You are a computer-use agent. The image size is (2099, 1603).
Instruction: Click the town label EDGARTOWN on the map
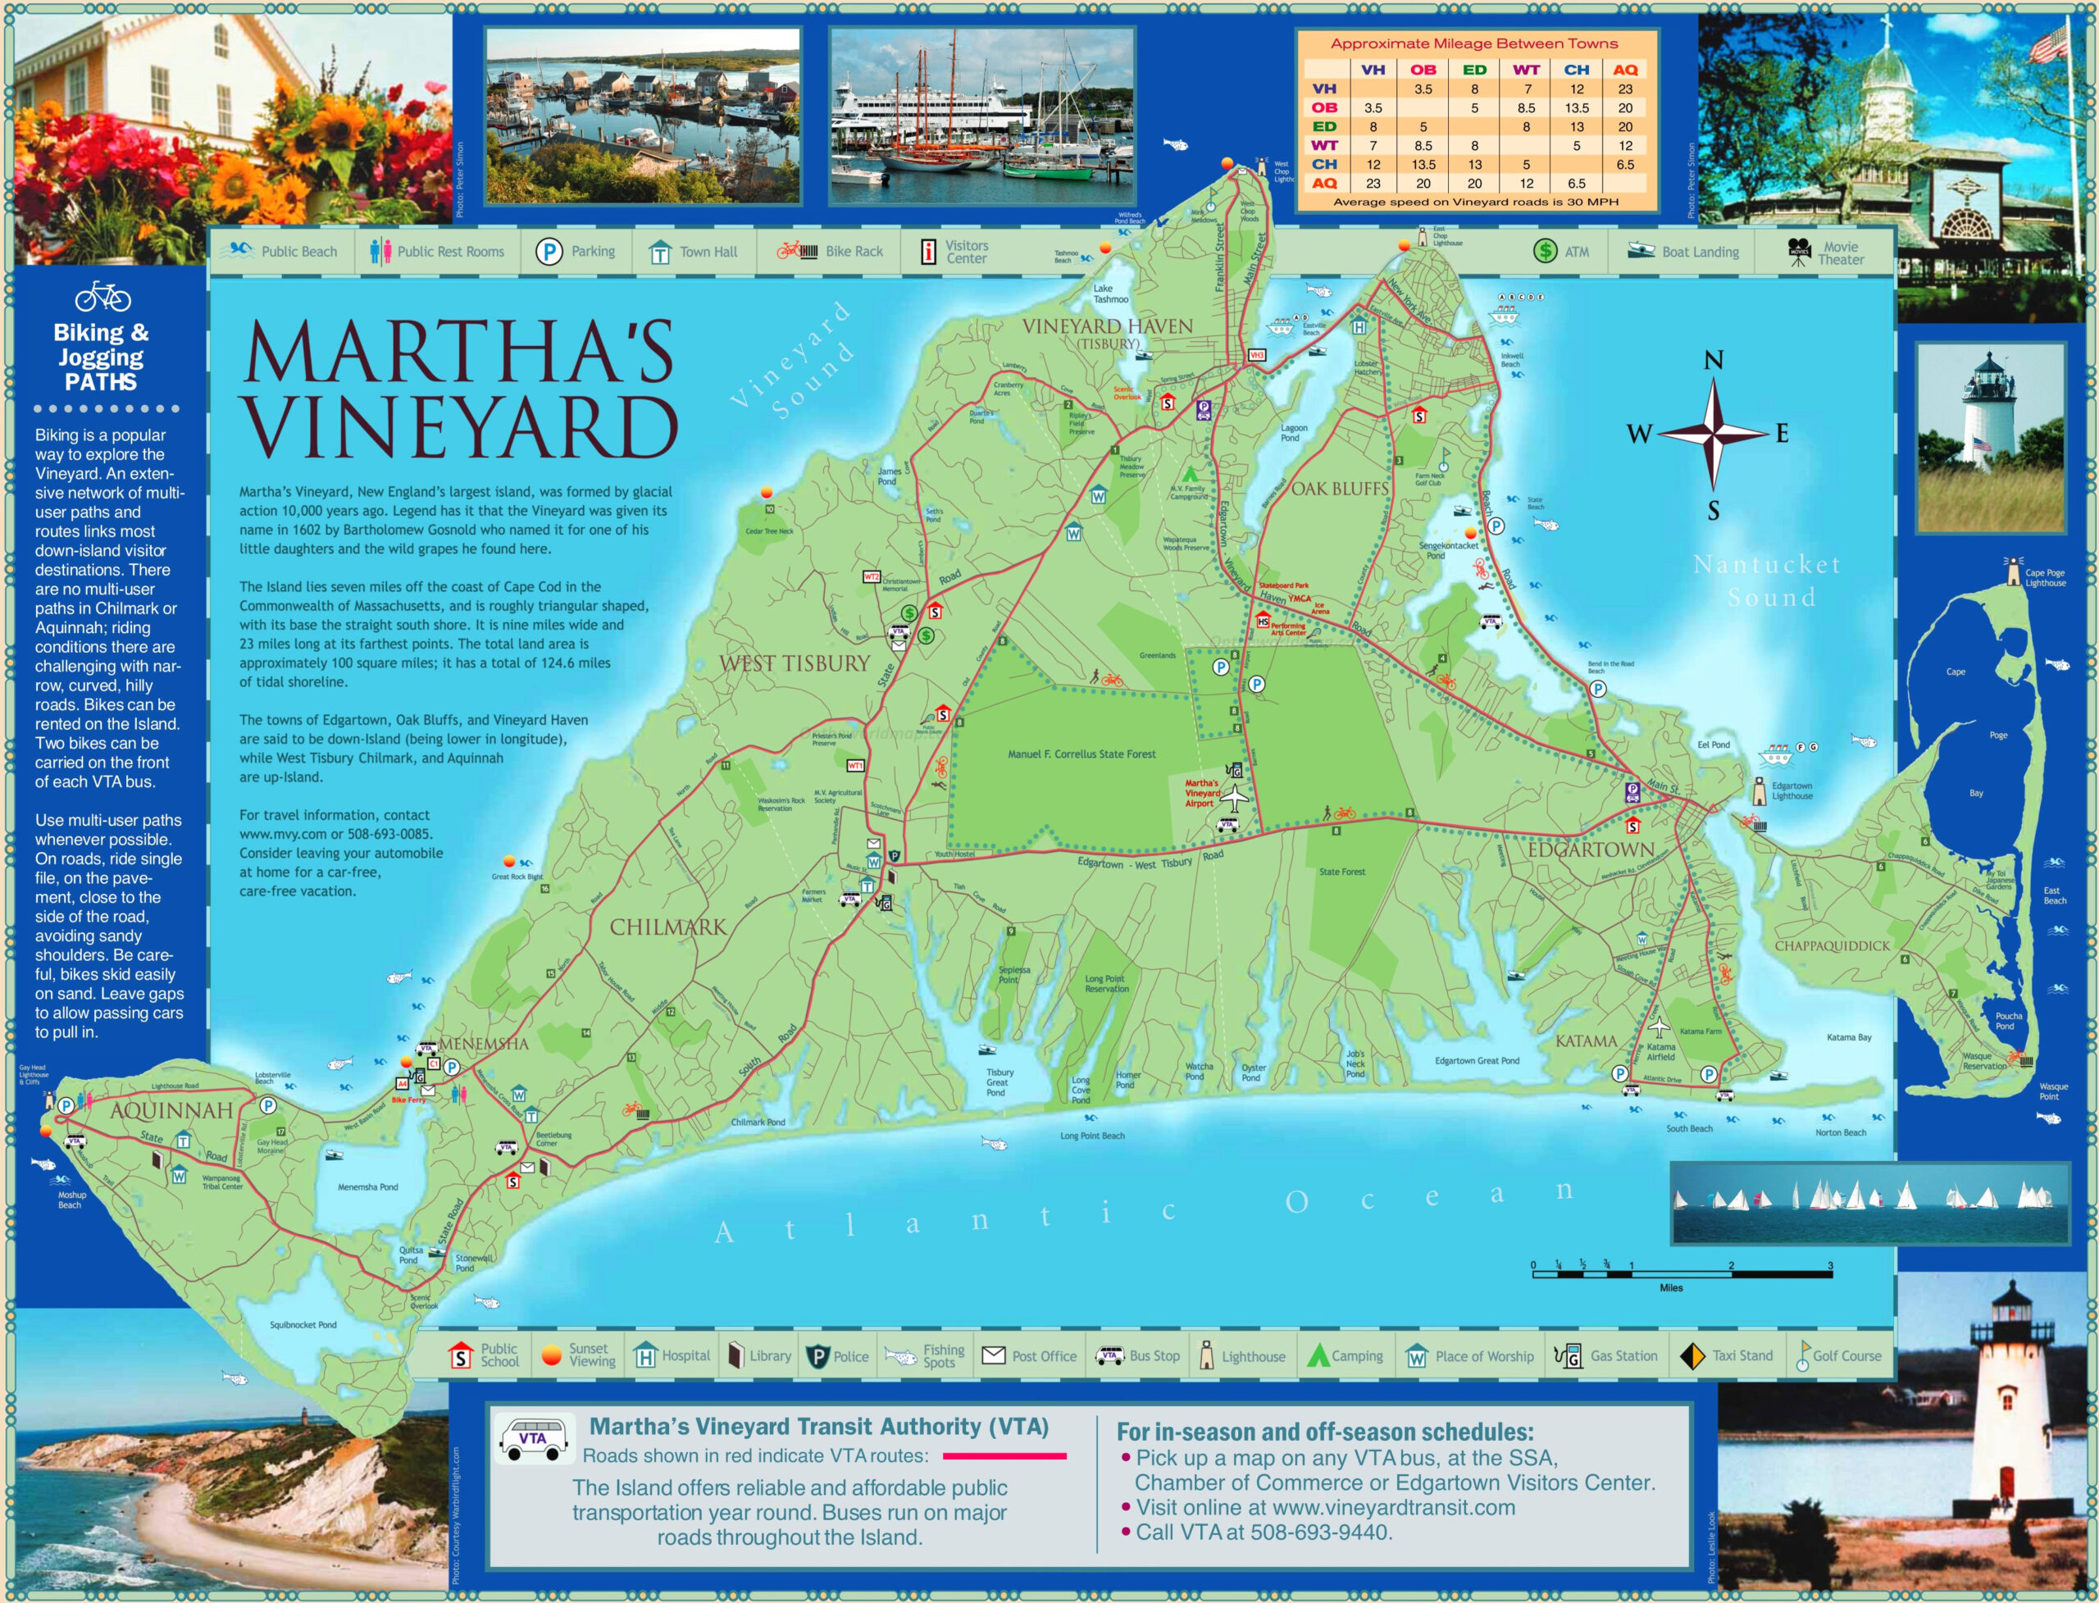(x=1591, y=849)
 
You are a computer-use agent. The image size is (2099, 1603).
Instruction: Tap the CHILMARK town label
(x=668, y=927)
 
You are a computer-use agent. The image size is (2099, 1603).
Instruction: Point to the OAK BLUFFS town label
(x=1340, y=489)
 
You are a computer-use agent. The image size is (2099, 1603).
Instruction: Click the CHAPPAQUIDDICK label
(x=1832, y=945)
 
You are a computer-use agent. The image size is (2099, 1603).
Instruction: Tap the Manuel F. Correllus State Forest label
(x=1081, y=754)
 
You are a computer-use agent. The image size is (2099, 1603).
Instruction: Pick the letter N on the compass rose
(x=1714, y=361)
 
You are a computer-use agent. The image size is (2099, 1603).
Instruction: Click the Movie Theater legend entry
(x=1826, y=252)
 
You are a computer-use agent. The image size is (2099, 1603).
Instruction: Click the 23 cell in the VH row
(x=1625, y=89)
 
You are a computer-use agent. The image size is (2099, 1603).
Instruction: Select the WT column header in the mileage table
(x=1526, y=70)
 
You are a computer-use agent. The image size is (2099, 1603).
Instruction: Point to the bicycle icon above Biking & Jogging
(x=102, y=297)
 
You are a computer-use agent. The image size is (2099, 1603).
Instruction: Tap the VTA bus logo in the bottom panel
(x=532, y=1439)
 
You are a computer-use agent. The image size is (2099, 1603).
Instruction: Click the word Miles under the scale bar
(x=1671, y=1287)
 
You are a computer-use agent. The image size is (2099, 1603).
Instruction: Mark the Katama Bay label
(x=1848, y=1037)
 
